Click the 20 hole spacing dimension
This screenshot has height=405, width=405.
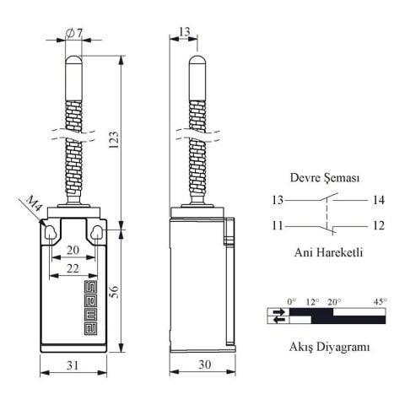(x=73, y=250)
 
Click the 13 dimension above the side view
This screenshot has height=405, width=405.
(x=185, y=32)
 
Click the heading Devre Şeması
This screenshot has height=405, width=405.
(x=325, y=178)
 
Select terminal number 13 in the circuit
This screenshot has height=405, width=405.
(x=278, y=200)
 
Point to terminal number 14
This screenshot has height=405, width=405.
(x=377, y=200)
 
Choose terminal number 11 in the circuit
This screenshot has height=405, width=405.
(x=278, y=226)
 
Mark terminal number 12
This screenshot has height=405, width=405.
(x=377, y=226)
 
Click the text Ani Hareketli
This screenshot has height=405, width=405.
(x=328, y=251)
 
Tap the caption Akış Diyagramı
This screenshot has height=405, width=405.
(x=329, y=346)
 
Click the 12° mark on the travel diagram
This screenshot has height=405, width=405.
(x=311, y=301)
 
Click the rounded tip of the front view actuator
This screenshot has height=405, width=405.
(x=73, y=60)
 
